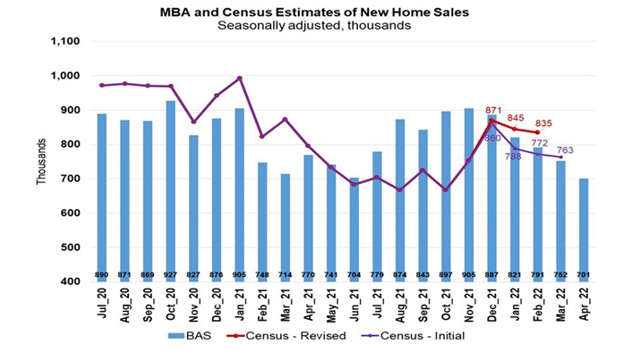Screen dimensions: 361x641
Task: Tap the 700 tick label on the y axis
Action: pos(72,179)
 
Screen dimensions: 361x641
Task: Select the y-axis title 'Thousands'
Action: pos(40,162)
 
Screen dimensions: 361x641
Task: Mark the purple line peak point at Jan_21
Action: pos(239,78)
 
